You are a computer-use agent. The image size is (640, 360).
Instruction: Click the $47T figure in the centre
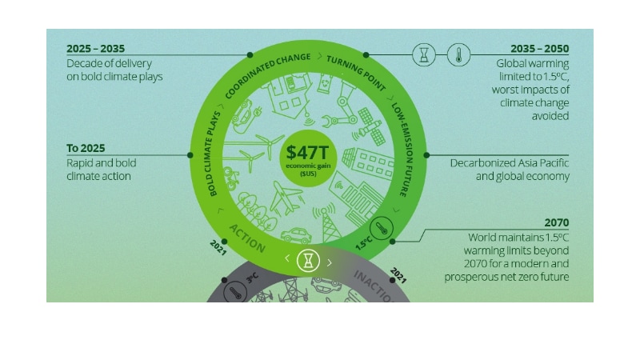[308, 147]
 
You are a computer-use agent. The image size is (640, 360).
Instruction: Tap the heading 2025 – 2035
[96, 48]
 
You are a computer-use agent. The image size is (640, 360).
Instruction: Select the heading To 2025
[86, 148]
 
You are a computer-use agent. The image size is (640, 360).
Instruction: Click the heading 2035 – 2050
[540, 48]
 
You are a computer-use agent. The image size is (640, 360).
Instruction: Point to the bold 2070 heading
[556, 222]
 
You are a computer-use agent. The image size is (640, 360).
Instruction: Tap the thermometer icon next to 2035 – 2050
[459, 54]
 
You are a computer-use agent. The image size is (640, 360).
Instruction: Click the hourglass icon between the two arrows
[308, 260]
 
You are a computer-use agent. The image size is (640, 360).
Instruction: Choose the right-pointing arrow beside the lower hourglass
[330, 261]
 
